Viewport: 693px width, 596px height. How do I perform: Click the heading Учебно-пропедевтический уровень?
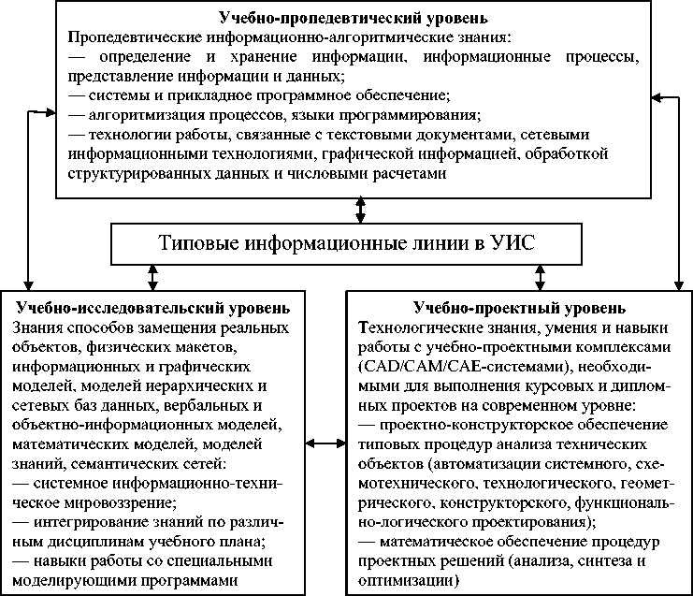click(353, 18)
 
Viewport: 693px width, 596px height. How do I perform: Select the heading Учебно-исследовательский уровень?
click(153, 308)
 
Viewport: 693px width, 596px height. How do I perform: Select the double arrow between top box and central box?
click(361, 211)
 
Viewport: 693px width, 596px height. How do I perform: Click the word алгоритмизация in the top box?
click(147, 116)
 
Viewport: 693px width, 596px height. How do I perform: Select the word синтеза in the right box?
click(589, 560)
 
